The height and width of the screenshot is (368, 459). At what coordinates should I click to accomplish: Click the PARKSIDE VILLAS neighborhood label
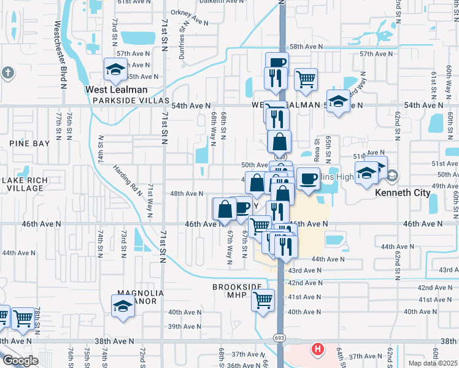pos(127,101)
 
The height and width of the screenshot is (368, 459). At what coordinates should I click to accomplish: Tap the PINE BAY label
pos(29,143)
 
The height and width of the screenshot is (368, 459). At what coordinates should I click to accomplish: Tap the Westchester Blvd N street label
pos(60,55)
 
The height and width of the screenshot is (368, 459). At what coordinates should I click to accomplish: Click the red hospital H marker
pos(317,350)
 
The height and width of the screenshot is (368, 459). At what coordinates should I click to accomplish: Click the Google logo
pos(20,361)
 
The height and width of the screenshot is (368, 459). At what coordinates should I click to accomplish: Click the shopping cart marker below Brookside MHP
pos(263,301)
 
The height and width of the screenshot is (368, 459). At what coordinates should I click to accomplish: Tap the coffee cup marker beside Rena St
pos(307,178)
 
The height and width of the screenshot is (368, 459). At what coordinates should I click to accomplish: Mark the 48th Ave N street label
pos(187,193)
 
